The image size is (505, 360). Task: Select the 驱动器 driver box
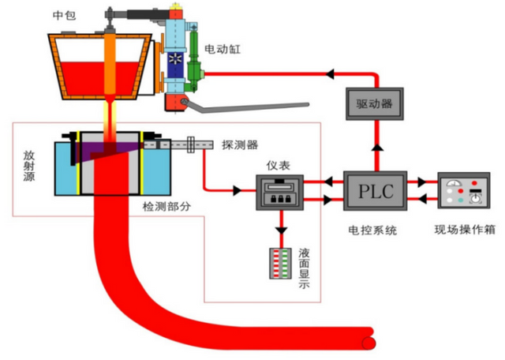pyautogui.click(x=375, y=103)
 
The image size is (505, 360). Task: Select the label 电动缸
pyautogui.click(x=223, y=49)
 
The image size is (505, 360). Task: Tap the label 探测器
pyautogui.click(x=240, y=146)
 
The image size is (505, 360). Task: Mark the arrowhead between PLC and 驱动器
pyautogui.click(x=375, y=147)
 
